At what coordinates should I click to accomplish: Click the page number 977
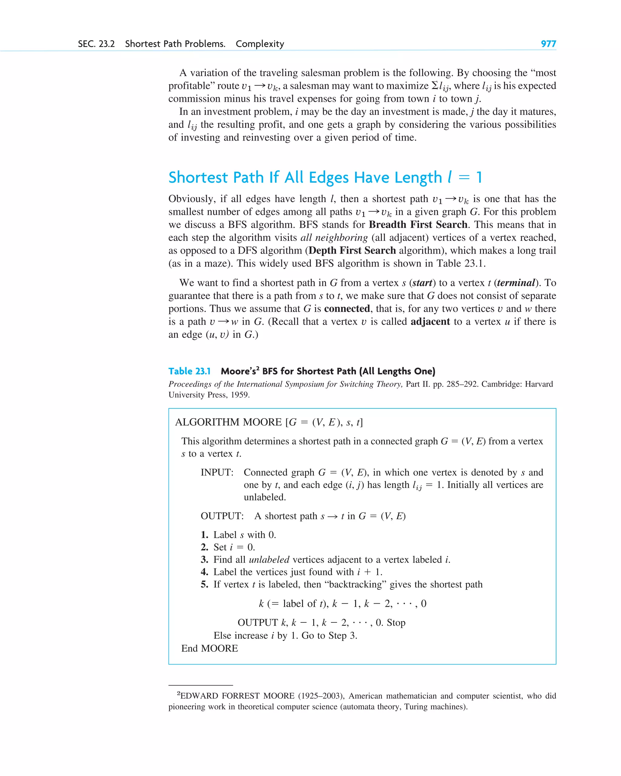[548, 44]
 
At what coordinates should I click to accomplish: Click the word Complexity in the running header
[260, 44]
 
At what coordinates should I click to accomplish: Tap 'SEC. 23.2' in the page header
[96, 44]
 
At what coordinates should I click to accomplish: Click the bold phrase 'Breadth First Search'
[418, 225]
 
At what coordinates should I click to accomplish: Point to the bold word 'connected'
[347, 309]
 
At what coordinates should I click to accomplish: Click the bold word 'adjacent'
[430, 322]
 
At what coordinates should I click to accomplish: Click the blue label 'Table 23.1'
[190, 371]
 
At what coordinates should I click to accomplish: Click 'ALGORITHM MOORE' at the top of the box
[228, 422]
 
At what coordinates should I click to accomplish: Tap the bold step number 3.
[204, 560]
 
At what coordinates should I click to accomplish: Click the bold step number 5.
[204, 584]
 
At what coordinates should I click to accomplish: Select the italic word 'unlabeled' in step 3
[269, 560]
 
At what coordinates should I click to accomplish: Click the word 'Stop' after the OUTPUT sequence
[396, 623]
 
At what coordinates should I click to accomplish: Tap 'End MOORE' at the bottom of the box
[209, 649]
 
